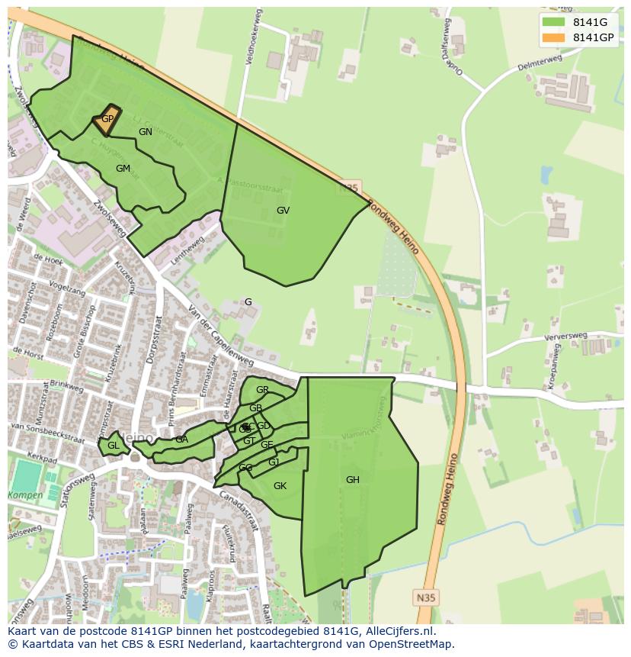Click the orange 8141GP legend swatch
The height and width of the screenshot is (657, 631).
555,37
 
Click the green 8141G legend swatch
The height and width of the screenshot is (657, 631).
555,22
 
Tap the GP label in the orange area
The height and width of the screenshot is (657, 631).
107,119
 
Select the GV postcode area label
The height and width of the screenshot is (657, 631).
283,210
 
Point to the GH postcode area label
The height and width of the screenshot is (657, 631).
352,480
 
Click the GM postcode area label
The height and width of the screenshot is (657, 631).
123,168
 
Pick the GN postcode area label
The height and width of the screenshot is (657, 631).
146,131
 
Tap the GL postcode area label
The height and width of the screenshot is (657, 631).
113,446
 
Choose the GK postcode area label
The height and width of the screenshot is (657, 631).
280,486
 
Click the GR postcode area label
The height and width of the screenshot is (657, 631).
262,390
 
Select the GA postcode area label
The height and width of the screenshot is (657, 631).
181,440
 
